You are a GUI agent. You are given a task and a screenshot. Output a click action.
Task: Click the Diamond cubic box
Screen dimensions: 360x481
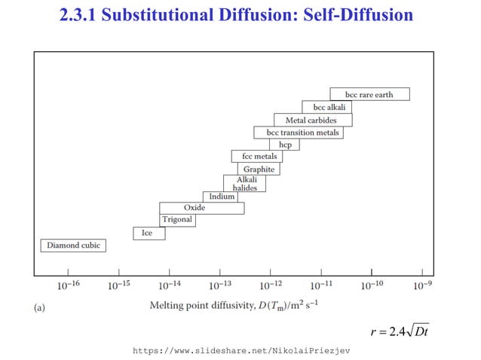coord(72,246)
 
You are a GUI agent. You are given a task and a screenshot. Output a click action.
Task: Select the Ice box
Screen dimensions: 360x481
coord(149,233)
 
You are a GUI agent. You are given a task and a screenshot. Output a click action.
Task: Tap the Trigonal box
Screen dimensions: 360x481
coord(177,220)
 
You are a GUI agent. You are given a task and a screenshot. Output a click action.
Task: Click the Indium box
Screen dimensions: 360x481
coord(221,197)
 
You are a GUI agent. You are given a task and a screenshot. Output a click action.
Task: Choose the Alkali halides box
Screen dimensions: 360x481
coord(245,184)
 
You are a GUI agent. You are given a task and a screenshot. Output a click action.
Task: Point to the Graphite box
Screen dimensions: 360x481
coord(259,169)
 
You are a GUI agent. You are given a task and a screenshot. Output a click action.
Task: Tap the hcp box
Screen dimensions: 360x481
coord(285,145)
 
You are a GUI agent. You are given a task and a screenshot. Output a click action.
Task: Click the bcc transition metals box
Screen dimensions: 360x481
coord(299,133)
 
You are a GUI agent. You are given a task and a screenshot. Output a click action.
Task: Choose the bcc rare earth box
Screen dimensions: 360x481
coord(370,95)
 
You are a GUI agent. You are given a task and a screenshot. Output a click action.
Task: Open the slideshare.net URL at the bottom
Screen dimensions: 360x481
coord(240,350)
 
